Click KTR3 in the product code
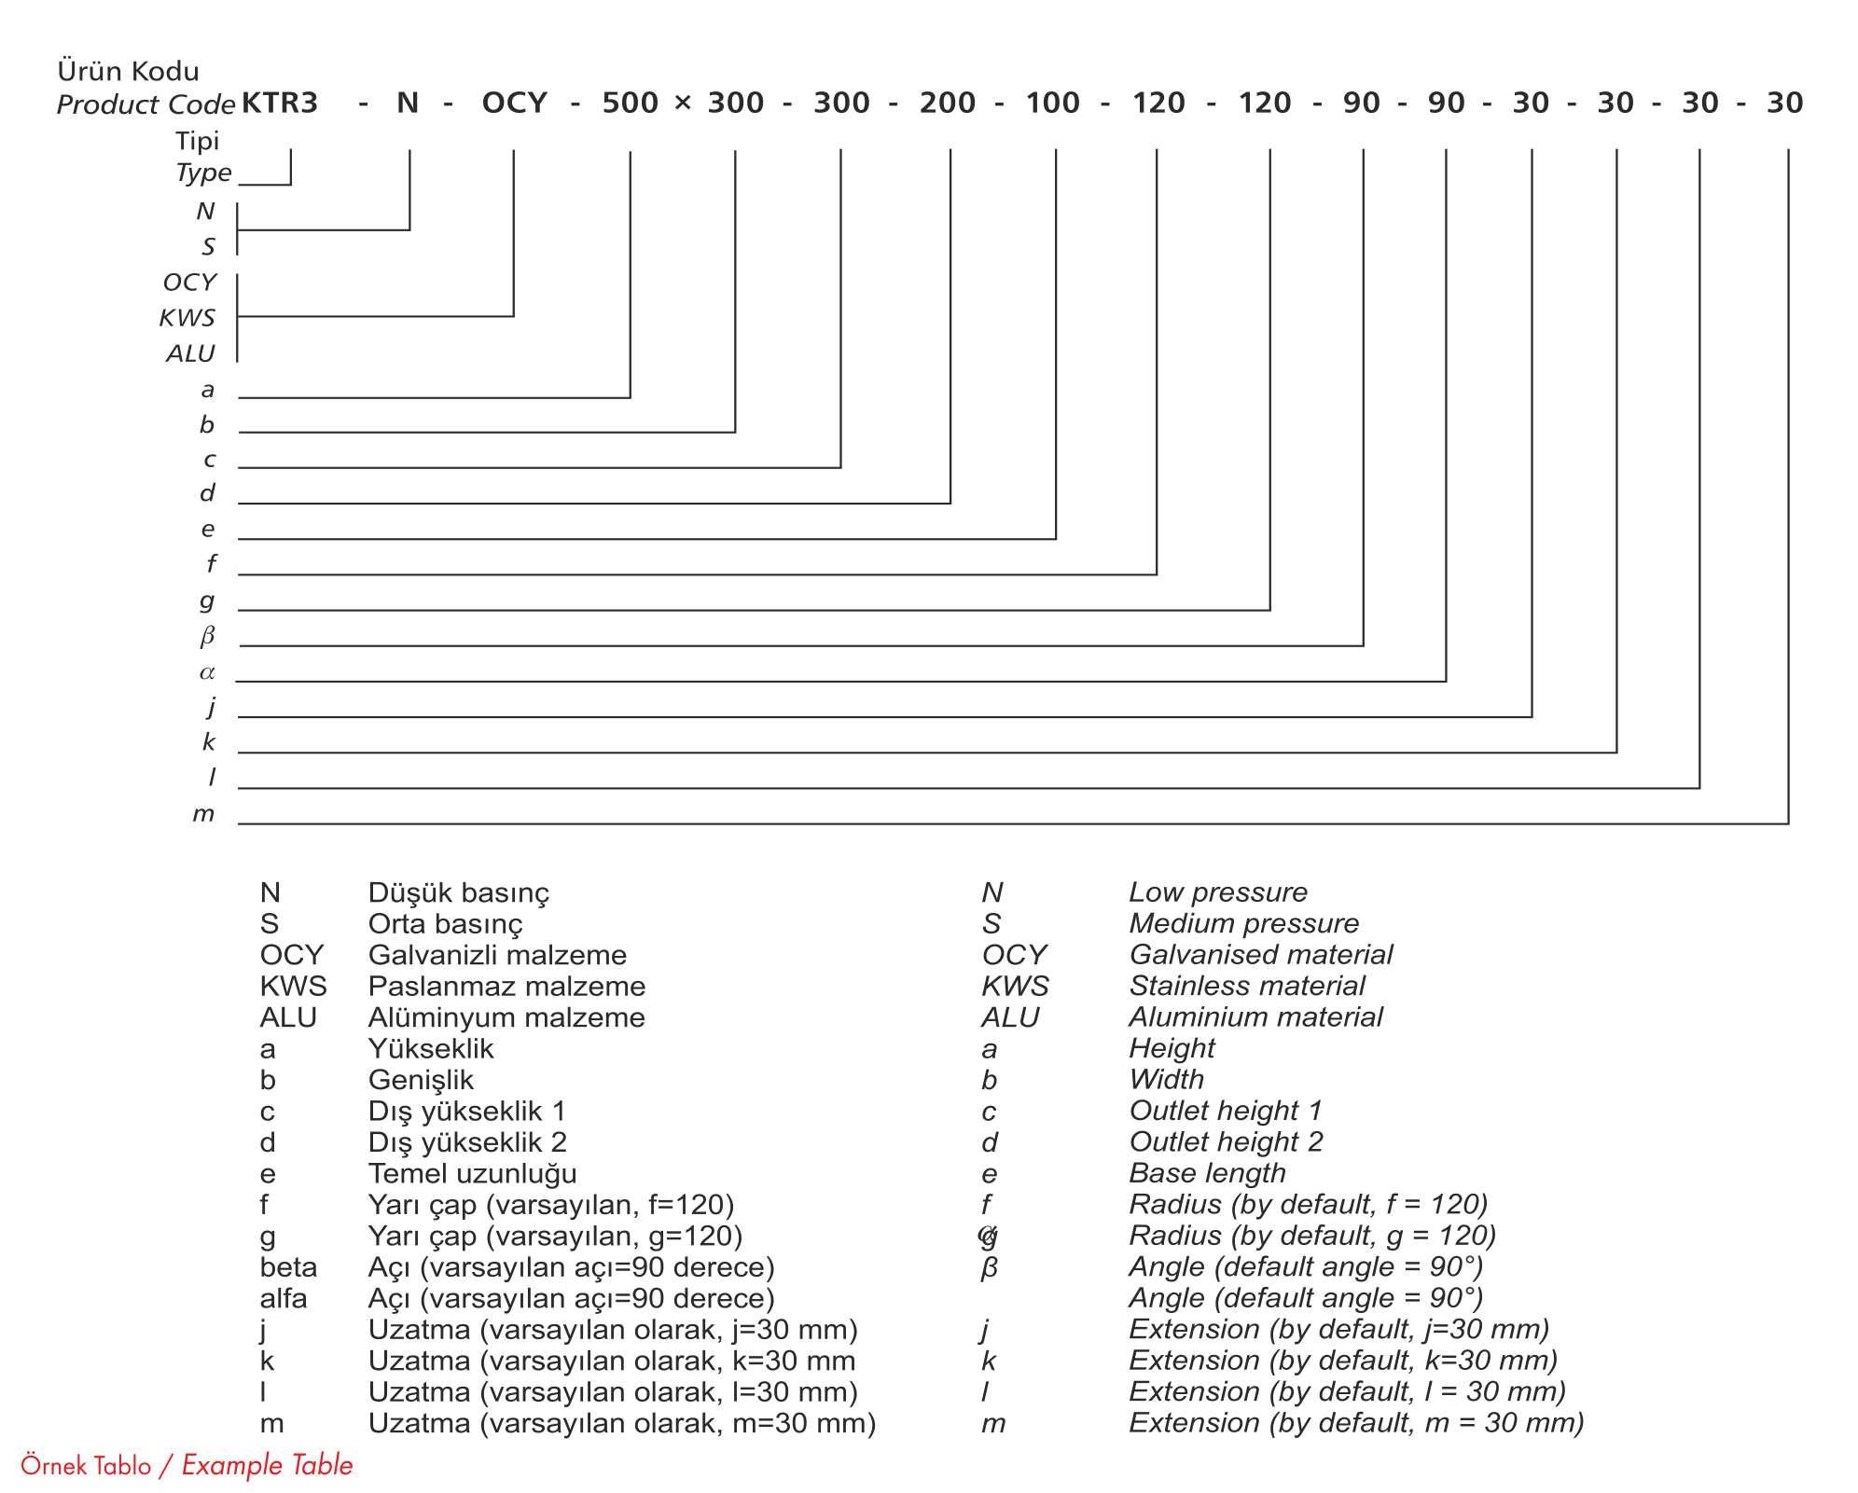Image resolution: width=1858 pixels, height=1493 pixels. coord(280,103)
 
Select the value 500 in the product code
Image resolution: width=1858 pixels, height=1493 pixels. coord(630,103)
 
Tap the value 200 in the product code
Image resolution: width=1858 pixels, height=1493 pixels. coord(947,103)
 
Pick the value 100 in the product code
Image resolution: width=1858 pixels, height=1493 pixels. coord(1052,103)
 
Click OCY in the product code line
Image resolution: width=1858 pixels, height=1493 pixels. coord(514,103)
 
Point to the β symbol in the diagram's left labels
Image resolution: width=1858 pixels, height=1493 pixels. coord(207,636)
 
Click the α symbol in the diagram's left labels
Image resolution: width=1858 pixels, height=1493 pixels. coord(207,672)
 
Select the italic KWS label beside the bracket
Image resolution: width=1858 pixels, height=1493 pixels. coord(187,318)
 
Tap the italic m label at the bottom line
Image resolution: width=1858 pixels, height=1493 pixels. coord(203,814)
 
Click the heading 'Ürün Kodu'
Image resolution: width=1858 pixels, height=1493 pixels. coord(128,71)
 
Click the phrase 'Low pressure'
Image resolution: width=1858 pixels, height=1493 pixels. coord(1217,892)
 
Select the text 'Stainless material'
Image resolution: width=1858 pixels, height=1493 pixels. coord(1246,986)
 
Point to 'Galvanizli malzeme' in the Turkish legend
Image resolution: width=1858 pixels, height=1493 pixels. coord(497,955)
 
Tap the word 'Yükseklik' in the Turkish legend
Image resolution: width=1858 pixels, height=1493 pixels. coord(431,1048)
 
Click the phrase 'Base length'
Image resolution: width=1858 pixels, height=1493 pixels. coord(1207,1173)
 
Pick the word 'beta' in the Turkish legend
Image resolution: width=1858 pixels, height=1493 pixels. coord(288,1267)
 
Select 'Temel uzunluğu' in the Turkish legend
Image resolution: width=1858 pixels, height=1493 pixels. coord(472,1173)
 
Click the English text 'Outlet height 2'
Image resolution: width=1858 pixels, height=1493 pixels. coord(1226,1141)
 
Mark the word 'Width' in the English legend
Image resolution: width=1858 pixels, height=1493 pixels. coord(1166,1079)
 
